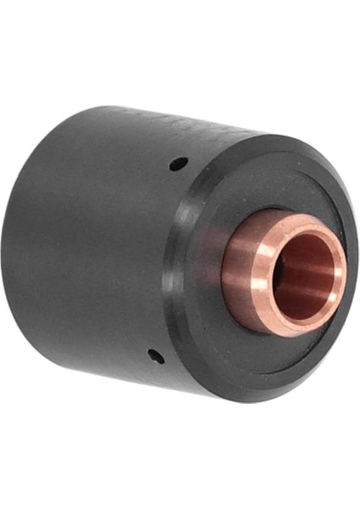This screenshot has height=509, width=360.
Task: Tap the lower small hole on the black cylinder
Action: coord(154,353)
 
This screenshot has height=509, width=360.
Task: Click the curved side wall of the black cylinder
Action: coord(93,255)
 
